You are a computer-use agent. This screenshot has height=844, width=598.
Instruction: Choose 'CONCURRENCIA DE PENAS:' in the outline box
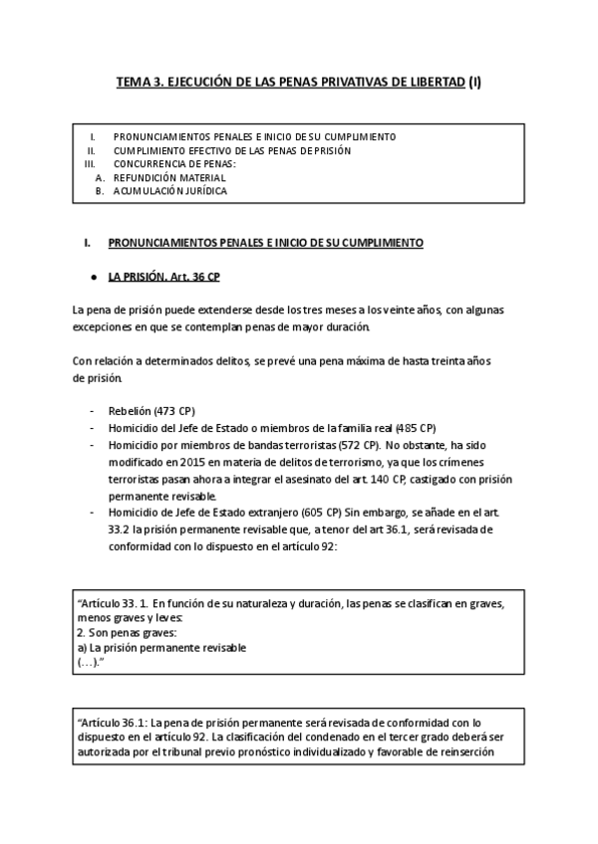174,163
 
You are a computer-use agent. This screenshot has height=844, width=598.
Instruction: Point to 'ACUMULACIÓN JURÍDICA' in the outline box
169,190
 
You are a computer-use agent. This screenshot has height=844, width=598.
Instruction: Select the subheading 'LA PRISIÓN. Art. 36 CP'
163,276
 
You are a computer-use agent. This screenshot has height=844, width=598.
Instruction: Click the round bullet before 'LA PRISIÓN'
92,276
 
